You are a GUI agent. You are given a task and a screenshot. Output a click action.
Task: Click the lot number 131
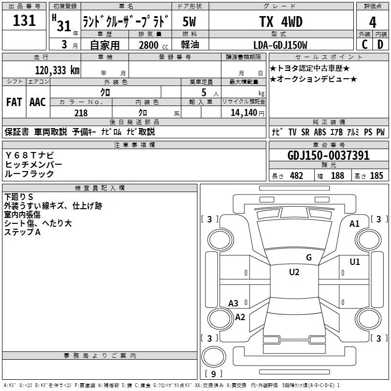click(24, 21)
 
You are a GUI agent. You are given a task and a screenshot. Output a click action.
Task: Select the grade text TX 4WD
click(281, 22)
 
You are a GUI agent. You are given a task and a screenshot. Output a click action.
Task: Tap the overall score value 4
click(372, 22)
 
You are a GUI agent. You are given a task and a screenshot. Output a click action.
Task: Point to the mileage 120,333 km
click(57, 70)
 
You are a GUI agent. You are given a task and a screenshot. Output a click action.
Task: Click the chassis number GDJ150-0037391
click(328, 155)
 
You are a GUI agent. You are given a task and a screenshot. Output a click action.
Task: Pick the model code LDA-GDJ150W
click(280, 45)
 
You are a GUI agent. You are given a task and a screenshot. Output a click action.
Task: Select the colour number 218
click(81, 113)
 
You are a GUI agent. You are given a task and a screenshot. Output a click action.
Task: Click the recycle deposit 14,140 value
click(243, 113)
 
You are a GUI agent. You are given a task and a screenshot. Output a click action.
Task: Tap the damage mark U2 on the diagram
click(294, 272)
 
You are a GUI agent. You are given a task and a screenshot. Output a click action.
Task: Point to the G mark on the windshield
click(309, 258)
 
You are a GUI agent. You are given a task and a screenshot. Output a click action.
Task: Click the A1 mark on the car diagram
click(354, 224)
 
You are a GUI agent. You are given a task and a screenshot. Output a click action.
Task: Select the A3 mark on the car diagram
click(233, 304)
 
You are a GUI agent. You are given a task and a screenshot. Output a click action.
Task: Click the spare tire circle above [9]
click(214, 357)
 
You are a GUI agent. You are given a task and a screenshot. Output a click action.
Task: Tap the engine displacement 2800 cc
click(153, 45)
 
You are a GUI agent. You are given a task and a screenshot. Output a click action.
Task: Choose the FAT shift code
click(14, 102)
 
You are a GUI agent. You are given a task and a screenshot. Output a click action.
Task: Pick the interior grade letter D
click(380, 44)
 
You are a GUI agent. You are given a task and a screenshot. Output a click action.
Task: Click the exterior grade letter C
click(365, 44)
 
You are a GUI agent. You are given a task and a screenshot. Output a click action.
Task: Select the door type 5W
click(189, 22)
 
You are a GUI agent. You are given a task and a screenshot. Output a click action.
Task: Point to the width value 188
click(337, 175)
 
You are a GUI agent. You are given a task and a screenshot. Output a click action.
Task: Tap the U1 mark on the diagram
click(355, 262)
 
